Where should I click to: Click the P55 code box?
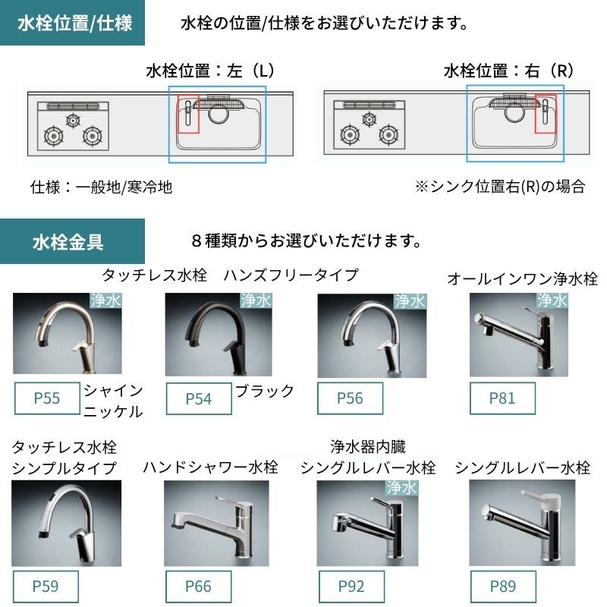coord(47,398)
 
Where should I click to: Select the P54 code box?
coord(199,399)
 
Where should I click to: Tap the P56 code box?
coord(350,398)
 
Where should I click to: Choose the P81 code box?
coord(502,398)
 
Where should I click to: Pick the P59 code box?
coord(46,586)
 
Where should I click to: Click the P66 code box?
coord(198,586)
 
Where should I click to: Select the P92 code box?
coord(351,586)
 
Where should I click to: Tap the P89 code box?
coord(503,586)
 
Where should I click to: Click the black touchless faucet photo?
coord(219,335)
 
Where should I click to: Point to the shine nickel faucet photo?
coord(68,333)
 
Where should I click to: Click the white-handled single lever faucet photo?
coord(522,523)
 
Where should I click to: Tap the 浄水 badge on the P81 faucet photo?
coord(552,300)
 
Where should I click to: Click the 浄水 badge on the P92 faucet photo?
coord(402,488)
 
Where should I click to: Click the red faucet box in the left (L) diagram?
coord(188,115)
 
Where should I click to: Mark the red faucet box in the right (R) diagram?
coord(546,115)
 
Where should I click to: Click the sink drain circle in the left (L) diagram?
coord(219,113)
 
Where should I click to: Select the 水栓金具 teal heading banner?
coord(72,241)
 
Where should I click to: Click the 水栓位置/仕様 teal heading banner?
coord(72,23)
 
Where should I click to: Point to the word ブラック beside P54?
coord(265,391)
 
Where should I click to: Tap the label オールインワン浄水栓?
coord(522,278)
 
